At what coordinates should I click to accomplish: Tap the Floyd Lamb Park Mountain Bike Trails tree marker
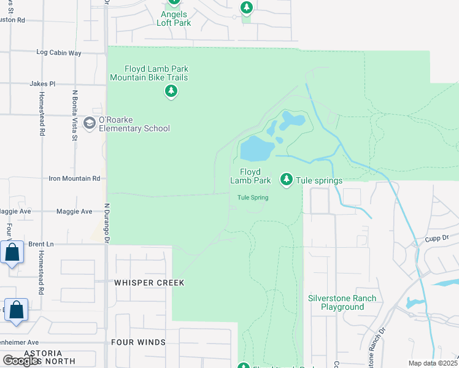click(171, 92)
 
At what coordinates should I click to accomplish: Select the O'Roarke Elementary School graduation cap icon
click(90, 123)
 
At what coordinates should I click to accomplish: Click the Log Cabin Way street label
click(59, 53)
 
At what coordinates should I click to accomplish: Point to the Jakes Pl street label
click(42, 83)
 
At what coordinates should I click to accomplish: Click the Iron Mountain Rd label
click(74, 178)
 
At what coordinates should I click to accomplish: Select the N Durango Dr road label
click(106, 223)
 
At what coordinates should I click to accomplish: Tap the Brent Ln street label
click(41, 244)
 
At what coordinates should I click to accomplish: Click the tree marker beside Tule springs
click(286, 179)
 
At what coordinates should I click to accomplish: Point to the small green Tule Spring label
click(253, 197)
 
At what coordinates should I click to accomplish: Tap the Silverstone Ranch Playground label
click(342, 302)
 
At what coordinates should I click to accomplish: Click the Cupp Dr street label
click(437, 237)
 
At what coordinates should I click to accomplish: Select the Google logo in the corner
click(21, 361)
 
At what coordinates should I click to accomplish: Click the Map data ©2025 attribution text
click(432, 363)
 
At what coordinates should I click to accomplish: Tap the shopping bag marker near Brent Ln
click(12, 252)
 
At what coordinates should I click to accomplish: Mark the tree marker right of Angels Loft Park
click(246, 7)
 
